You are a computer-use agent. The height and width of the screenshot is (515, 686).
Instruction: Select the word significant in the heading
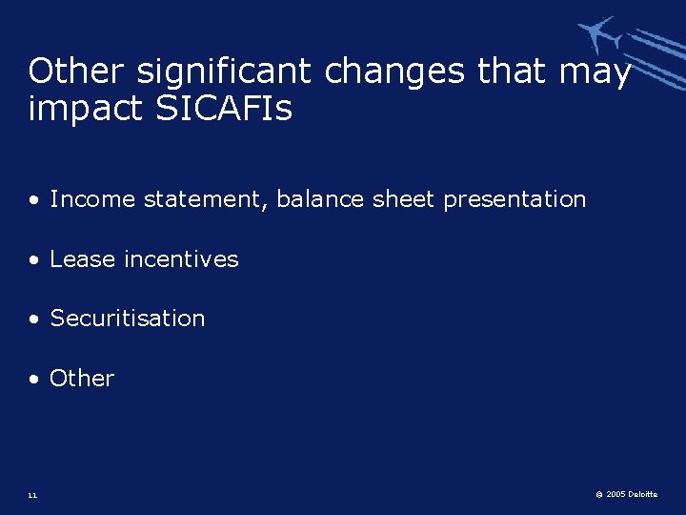tap(225, 72)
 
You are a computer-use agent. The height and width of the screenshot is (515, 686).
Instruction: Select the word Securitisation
tap(128, 319)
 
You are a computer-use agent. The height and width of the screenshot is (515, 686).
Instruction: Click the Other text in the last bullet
tap(82, 379)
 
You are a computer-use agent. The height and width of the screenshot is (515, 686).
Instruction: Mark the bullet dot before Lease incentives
tap(34, 260)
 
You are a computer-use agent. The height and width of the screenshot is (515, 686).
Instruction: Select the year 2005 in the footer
tap(615, 495)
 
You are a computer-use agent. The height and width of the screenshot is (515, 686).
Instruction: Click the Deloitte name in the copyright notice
tap(643, 495)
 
